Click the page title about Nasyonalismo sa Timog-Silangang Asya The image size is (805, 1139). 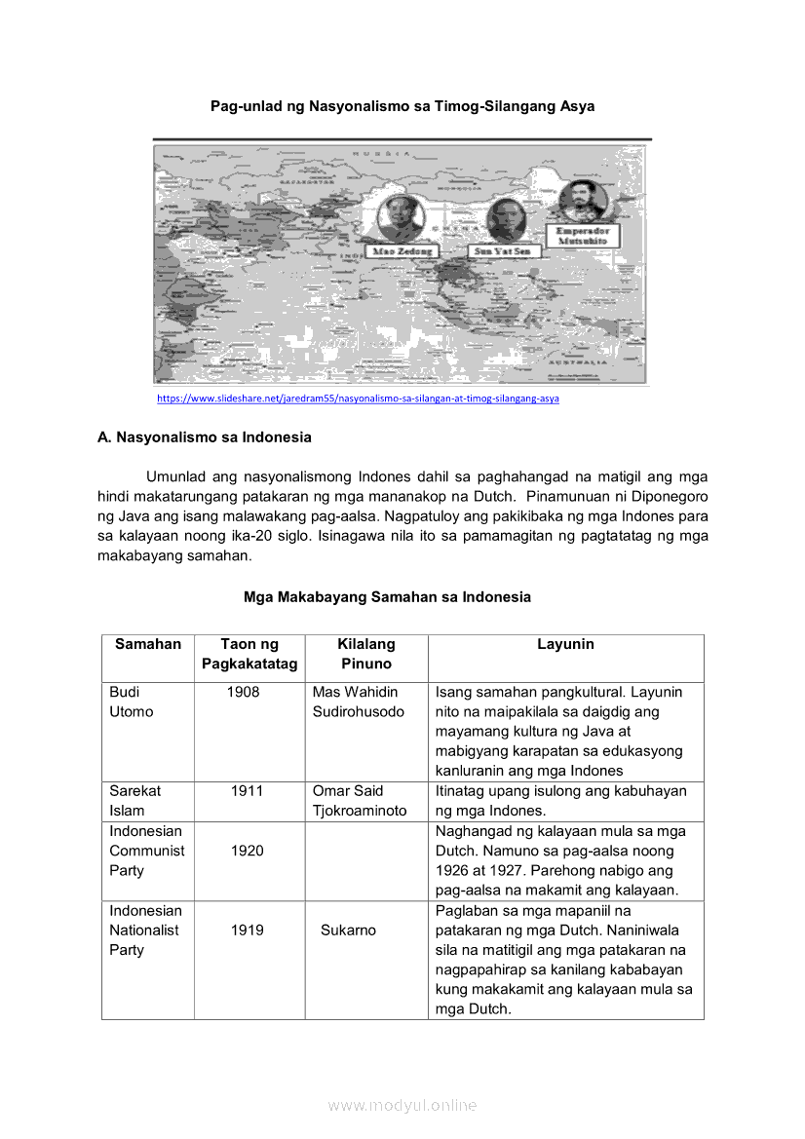tap(402, 105)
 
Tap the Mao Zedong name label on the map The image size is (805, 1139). tap(399, 250)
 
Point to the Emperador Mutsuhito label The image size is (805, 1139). tap(583, 237)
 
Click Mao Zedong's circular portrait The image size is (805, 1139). tap(397, 216)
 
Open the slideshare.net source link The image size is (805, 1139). tap(358, 399)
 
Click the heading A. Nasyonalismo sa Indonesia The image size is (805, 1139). tap(205, 437)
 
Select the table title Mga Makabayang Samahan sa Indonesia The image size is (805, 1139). tap(387, 597)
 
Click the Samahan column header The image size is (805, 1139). tap(148, 644)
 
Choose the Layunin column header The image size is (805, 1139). tap(565, 644)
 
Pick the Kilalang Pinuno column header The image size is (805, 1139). tap(366, 654)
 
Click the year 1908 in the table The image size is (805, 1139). tap(244, 692)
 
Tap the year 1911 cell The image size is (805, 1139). tap(248, 791)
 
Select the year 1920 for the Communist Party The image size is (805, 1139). tap(248, 851)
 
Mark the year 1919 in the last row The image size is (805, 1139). tap(248, 930)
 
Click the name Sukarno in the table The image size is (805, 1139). tap(348, 930)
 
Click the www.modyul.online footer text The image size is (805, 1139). tap(402, 1105)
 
